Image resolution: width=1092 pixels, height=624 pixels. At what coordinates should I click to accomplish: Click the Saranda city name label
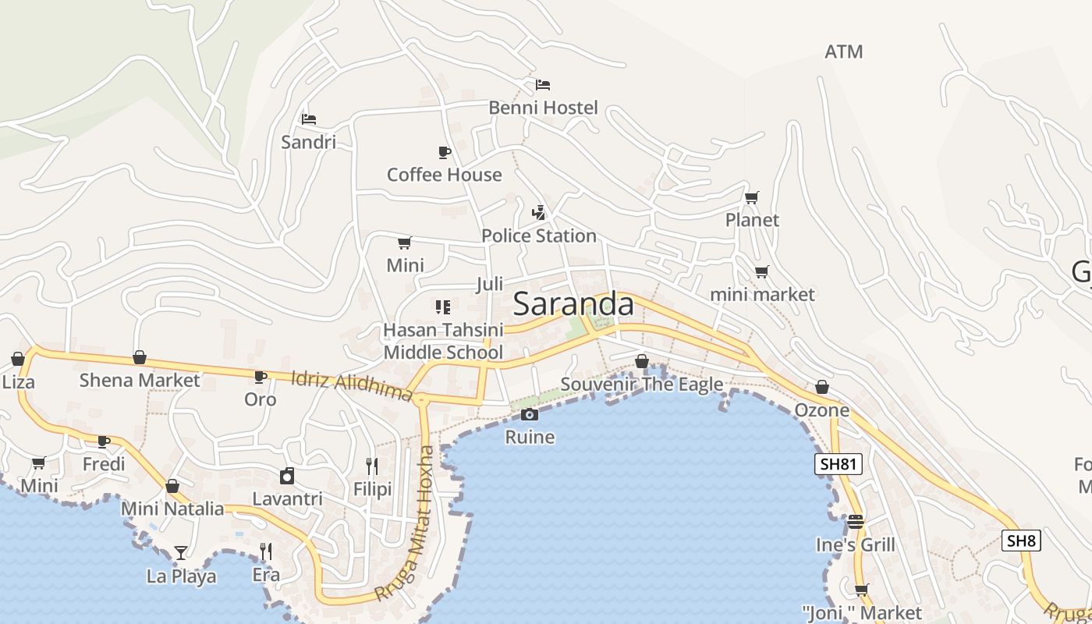pyautogui.click(x=573, y=304)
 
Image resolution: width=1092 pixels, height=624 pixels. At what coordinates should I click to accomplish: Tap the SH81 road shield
pyautogui.click(x=838, y=465)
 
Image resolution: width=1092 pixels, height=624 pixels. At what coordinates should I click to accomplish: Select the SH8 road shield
pyautogui.click(x=1022, y=541)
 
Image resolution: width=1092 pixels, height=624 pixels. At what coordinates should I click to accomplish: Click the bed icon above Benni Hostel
pyautogui.click(x=543, y=84)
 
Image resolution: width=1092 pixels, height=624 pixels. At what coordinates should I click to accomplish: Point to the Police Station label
pyautogui.click(x=538, y=236)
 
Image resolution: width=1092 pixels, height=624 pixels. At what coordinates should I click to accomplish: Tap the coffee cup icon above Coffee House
pyautogui.click(x=444, y=152)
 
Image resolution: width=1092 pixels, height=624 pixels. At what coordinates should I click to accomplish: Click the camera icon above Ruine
pyautogui.click(x=530, y=414)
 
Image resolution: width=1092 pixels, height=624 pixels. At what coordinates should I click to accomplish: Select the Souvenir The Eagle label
pyautogui.click(x=641, y=385)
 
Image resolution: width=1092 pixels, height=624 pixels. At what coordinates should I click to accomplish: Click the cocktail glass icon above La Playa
pyautogui.click(x=181, y=553)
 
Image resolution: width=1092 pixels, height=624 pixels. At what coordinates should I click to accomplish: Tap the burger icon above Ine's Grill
pyautogui.click(x=856, y=521)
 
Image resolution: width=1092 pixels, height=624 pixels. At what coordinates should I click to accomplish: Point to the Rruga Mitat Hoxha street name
pyautogui.click(x=405, y=523)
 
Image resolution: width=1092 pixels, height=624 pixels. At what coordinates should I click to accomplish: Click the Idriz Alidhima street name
pyautogui.click(x=352, y=386)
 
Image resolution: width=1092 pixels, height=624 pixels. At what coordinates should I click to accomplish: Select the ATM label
pyautogui.click(x=844, y=51)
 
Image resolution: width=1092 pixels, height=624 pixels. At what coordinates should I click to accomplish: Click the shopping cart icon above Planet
pyautogui.click(x=752, y=197)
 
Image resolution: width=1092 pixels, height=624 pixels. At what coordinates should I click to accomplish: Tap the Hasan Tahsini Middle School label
pyautogui.click(x=443, y=342)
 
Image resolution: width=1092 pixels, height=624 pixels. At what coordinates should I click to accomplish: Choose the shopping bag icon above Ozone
pyautogui.click(x=822, y=387)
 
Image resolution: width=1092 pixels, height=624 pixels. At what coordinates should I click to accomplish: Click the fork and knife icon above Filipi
pyautogui.click(x=372, y=466)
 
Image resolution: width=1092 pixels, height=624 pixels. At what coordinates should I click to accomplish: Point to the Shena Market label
pyautogui.click(x=140, y=381)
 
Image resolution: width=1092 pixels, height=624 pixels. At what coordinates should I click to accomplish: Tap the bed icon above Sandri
pyautogui.click(x=309, y=119)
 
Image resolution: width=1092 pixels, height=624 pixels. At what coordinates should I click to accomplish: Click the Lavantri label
pyautogui.click(x=287, y=499)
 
